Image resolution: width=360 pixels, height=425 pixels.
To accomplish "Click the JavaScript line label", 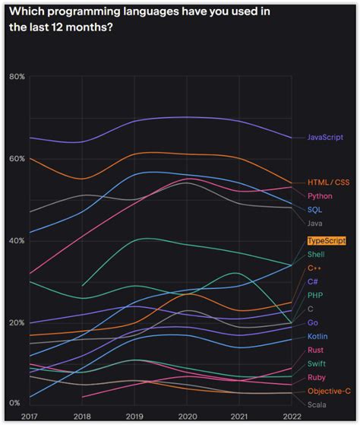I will tap(325, 137).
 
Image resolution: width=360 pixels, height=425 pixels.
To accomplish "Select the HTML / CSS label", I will tap(328, 182).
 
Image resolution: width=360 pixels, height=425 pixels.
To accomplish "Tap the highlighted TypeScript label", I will tap(327, 240).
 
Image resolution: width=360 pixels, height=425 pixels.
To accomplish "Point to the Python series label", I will tap(320, 195).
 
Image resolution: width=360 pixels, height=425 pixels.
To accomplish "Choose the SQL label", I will tap(314, 209).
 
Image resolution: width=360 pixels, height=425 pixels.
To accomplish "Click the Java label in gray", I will tap(315, 223).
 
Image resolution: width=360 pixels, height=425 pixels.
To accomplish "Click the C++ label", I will tap(314, 268).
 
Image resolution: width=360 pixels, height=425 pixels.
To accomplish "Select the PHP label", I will tap(315, 295).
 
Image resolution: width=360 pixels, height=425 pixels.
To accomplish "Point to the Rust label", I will tap(316, 350).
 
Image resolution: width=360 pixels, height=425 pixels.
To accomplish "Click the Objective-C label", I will tap(329, 391).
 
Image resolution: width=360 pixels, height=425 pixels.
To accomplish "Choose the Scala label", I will tap(317, 404).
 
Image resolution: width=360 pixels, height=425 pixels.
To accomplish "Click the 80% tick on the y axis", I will tap(17, 77).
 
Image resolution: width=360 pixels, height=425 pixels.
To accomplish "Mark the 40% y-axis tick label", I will tap(17, 240).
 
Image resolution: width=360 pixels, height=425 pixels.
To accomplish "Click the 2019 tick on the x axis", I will tap(135, 417).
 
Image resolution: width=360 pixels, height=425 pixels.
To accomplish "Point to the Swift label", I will tap(317, 363).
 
